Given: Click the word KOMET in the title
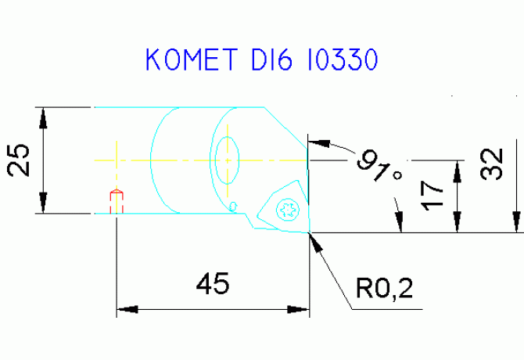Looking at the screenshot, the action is (x=192, y=59).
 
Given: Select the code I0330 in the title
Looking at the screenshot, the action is (x=343, y=59).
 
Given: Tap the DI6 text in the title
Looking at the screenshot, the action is (x=271, y=59).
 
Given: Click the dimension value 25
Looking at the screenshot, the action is (x=18, y=160).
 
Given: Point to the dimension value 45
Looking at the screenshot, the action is (x=213, y=283).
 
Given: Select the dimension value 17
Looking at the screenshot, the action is (x=432, y=196).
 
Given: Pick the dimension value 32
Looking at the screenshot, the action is (x=491, y=164).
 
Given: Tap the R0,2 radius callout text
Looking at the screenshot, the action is (x=384, y=288).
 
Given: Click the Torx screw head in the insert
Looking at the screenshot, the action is (x=288, y=210).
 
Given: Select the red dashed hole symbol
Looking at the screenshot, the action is (x=117, y=201).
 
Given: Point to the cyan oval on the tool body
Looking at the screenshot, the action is (x=228, y=160).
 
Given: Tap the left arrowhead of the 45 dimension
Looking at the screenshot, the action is (x=127, y=309).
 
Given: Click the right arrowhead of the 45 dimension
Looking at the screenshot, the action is (x=299, y=309).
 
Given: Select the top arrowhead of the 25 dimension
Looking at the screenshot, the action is (x=43, y=118).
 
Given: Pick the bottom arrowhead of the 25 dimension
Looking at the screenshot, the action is (x=43, y=203).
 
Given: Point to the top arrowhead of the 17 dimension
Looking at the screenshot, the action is (x=458, y=171).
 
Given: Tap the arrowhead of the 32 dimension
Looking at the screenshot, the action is (x=517, y=221).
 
